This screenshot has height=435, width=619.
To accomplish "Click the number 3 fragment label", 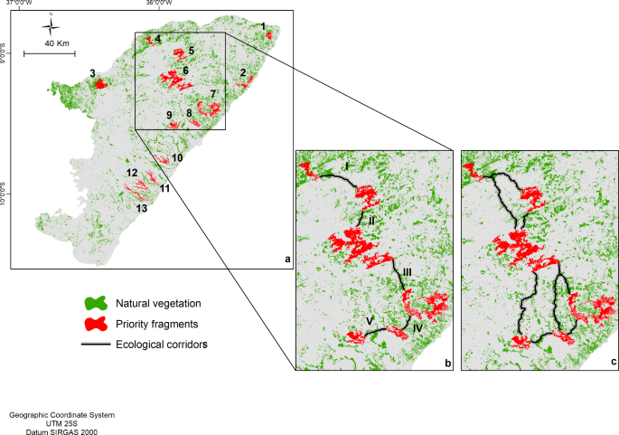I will pos(92,72).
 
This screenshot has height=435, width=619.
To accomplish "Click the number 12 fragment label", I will pos(131,173).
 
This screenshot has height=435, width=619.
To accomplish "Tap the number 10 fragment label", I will pos(177,157).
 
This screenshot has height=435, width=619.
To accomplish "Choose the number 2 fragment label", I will pos(243,72).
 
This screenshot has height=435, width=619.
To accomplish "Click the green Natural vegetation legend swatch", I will pos(96,304).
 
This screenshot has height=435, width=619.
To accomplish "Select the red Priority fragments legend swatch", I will pos(96,323).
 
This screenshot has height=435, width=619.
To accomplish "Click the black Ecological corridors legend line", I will pos(96,344).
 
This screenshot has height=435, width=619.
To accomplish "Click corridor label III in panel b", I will pos(407,271).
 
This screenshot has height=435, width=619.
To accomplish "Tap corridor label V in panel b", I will pos(370,320).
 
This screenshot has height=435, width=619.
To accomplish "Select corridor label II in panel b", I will pos(371,220).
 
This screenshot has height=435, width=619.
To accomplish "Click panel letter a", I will pos(287,260).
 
